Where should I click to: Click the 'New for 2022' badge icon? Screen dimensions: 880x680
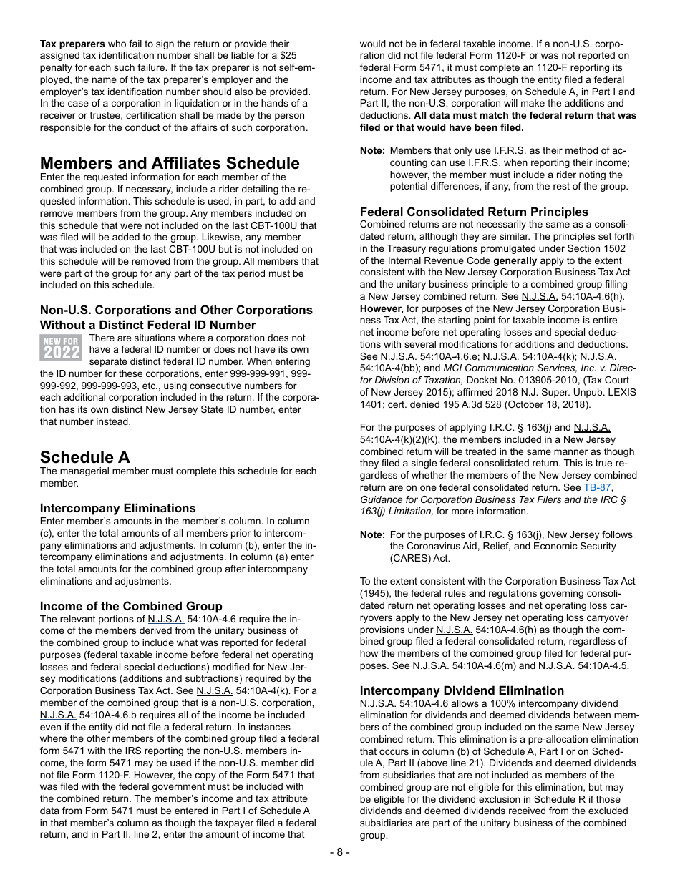point(61,348)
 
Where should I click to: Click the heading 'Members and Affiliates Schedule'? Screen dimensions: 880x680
point(170,163)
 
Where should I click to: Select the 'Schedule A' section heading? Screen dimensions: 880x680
point(85,457)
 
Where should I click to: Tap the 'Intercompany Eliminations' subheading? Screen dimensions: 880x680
point(118,509)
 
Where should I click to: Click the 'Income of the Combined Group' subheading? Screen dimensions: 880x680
point(131,607)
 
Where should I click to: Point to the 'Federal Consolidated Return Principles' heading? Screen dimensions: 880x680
point(474,212)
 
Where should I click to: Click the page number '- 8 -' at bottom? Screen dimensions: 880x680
point(340,853)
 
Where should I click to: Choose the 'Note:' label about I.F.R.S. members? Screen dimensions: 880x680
point(372,151)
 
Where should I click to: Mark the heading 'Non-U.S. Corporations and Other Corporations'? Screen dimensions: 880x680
point(176,311)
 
